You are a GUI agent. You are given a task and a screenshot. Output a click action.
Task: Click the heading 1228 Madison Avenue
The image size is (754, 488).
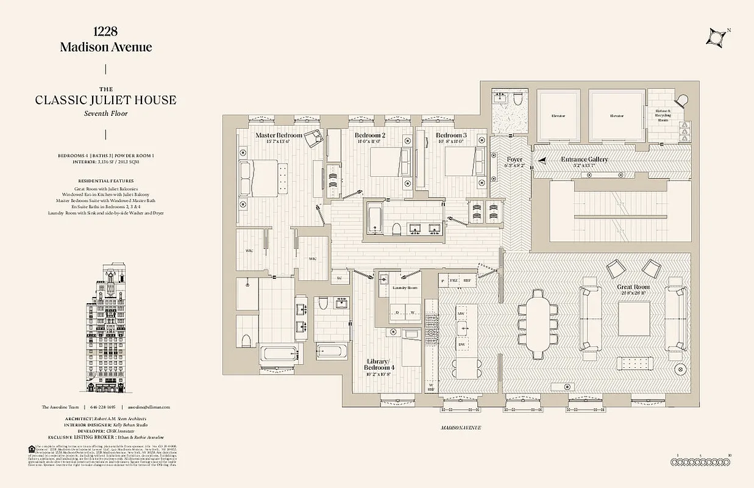(x=106, y=40)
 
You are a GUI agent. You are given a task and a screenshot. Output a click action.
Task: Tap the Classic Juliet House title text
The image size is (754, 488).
(x=106, y=100)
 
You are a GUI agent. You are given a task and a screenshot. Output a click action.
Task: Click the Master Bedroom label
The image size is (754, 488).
(x=279, y=135)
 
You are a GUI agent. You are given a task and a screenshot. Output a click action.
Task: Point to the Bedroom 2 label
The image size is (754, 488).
(x=370, y=135)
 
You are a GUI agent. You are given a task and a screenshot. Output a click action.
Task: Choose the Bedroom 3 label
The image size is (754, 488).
(x=451, y=135)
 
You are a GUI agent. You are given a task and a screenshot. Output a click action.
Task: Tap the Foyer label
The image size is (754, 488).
(x=514, y=160)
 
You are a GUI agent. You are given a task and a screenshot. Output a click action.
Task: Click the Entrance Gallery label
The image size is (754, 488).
(x=585, y=160)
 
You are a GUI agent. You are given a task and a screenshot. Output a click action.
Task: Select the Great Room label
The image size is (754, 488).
(x=633, y=287)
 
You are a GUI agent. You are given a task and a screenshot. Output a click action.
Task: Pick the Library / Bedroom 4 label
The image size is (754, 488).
(x=379, y=364)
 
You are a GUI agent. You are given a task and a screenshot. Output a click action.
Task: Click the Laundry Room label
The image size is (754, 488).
(x=405, y=287)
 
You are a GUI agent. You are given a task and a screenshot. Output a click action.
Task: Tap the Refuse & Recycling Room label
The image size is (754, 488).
(x=663, y=116)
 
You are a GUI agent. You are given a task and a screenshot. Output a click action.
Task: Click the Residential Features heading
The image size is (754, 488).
(x=106, y=181)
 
